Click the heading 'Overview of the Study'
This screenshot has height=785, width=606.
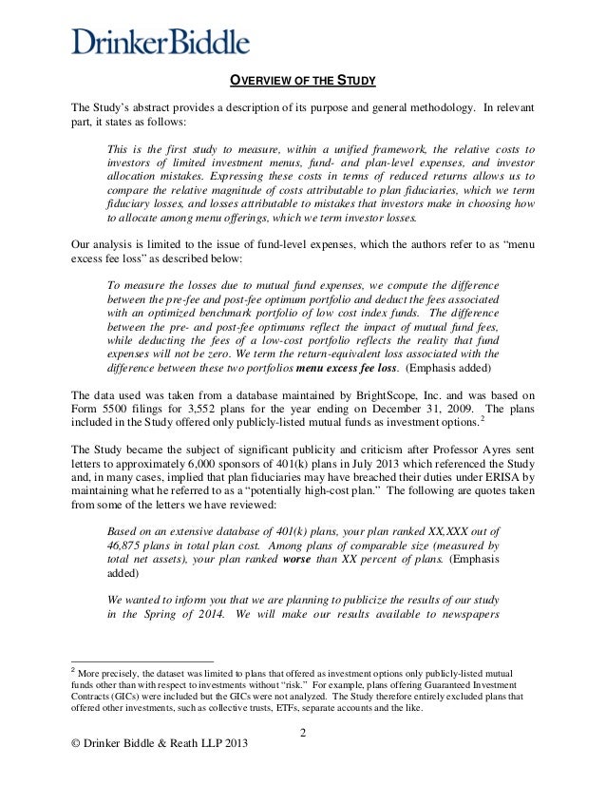click(302, 80)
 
